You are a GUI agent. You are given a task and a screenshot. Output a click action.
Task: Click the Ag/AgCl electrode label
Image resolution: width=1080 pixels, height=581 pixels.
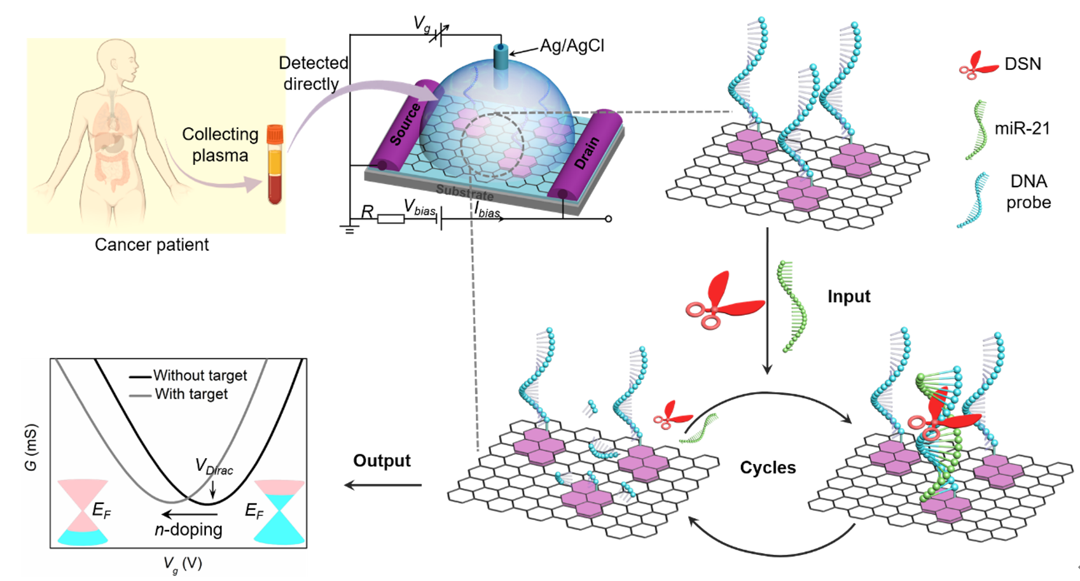pyautogui.click(x=571, y=46)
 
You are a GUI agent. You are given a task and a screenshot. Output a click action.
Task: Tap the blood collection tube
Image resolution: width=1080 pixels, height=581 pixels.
pyautogui.click(x=275, y=164)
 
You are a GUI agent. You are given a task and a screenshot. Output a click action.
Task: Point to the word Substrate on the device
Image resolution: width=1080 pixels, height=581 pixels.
pyautogui.click(x=464, y=192)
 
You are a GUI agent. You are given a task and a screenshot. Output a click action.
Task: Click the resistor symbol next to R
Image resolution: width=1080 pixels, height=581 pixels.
pyautogui.click(x=391, y=220)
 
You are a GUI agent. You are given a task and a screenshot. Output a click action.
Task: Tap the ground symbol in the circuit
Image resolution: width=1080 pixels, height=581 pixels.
pyautogui.click(x=349, y=230)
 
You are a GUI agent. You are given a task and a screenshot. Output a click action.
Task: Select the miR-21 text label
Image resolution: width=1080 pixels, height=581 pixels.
pyautogui.click(x=1022, y=129)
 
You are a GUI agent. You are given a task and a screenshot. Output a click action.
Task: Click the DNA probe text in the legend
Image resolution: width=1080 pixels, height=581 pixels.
pyautogui.click(x=1028, y=192)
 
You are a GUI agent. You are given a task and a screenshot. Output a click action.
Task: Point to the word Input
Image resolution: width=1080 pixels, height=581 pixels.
pyautogui.click(x=848, y=297)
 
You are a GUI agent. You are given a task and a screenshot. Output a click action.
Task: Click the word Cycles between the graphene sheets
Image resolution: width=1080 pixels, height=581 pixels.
pyautogui.click(x=768, y=468)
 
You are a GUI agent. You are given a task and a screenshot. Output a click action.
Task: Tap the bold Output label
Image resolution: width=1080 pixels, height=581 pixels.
pyautogui.click(x=382, y=461)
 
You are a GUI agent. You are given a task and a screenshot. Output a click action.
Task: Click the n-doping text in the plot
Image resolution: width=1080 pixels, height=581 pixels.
pyautogui.click(x=188, y=529)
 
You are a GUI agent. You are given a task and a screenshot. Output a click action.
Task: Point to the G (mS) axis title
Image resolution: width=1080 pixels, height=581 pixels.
pyautogui.click(x=31, y=447)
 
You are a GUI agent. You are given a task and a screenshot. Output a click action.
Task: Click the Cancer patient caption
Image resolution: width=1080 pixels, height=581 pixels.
pyautogui.click(x=151, y=245)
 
